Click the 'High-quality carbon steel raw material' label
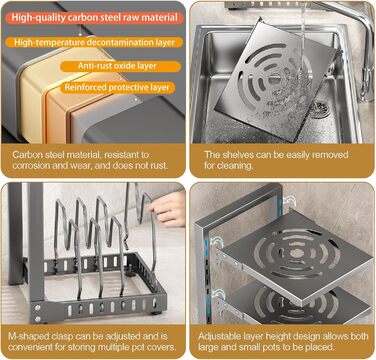tap(95, 18)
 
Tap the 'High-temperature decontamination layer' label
tap(95, 42)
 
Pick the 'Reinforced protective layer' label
tap(117, 88)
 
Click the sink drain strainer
tap(320, 110)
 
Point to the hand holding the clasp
tap(169, 209)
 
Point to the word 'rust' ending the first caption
tap(159, 166)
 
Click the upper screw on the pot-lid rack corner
tap(37, 308)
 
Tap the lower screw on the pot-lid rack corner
tap(37, 319)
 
